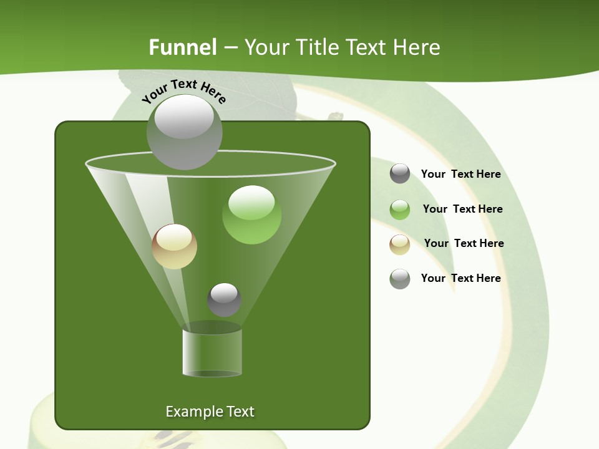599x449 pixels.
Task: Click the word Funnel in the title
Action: tap(183, 47)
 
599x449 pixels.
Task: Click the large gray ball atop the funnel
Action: tap(184, 132)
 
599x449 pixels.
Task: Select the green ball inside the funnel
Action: tap(251, 215)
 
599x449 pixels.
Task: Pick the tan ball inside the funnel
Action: tap(174, 246)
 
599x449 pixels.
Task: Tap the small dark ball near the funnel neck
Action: tap(224, 299)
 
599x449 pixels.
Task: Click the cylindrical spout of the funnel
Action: tap(212, 352)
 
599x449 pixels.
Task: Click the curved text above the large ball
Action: tap(184, 91)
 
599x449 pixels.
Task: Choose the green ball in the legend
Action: tap(400, 210)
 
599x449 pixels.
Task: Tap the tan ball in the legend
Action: tap(400, 244)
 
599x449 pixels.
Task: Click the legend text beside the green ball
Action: tap(462, 209)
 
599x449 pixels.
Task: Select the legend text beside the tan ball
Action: tap(464, 243)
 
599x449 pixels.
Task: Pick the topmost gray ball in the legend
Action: tap(400, 173)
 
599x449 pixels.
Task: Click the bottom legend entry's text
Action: tap(460, 278)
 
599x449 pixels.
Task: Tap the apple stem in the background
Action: tap(335, 116)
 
